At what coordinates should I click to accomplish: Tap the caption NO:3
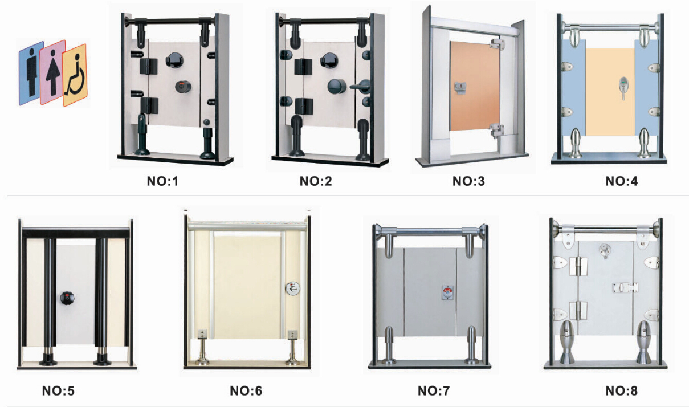[468, 182]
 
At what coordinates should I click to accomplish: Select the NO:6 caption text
[246, 391]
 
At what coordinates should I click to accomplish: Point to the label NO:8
[621, 391]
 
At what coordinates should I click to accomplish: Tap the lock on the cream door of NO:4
[621, 87]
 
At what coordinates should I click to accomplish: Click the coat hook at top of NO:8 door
[604, 250]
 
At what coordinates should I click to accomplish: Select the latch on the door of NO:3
[459, 87]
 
